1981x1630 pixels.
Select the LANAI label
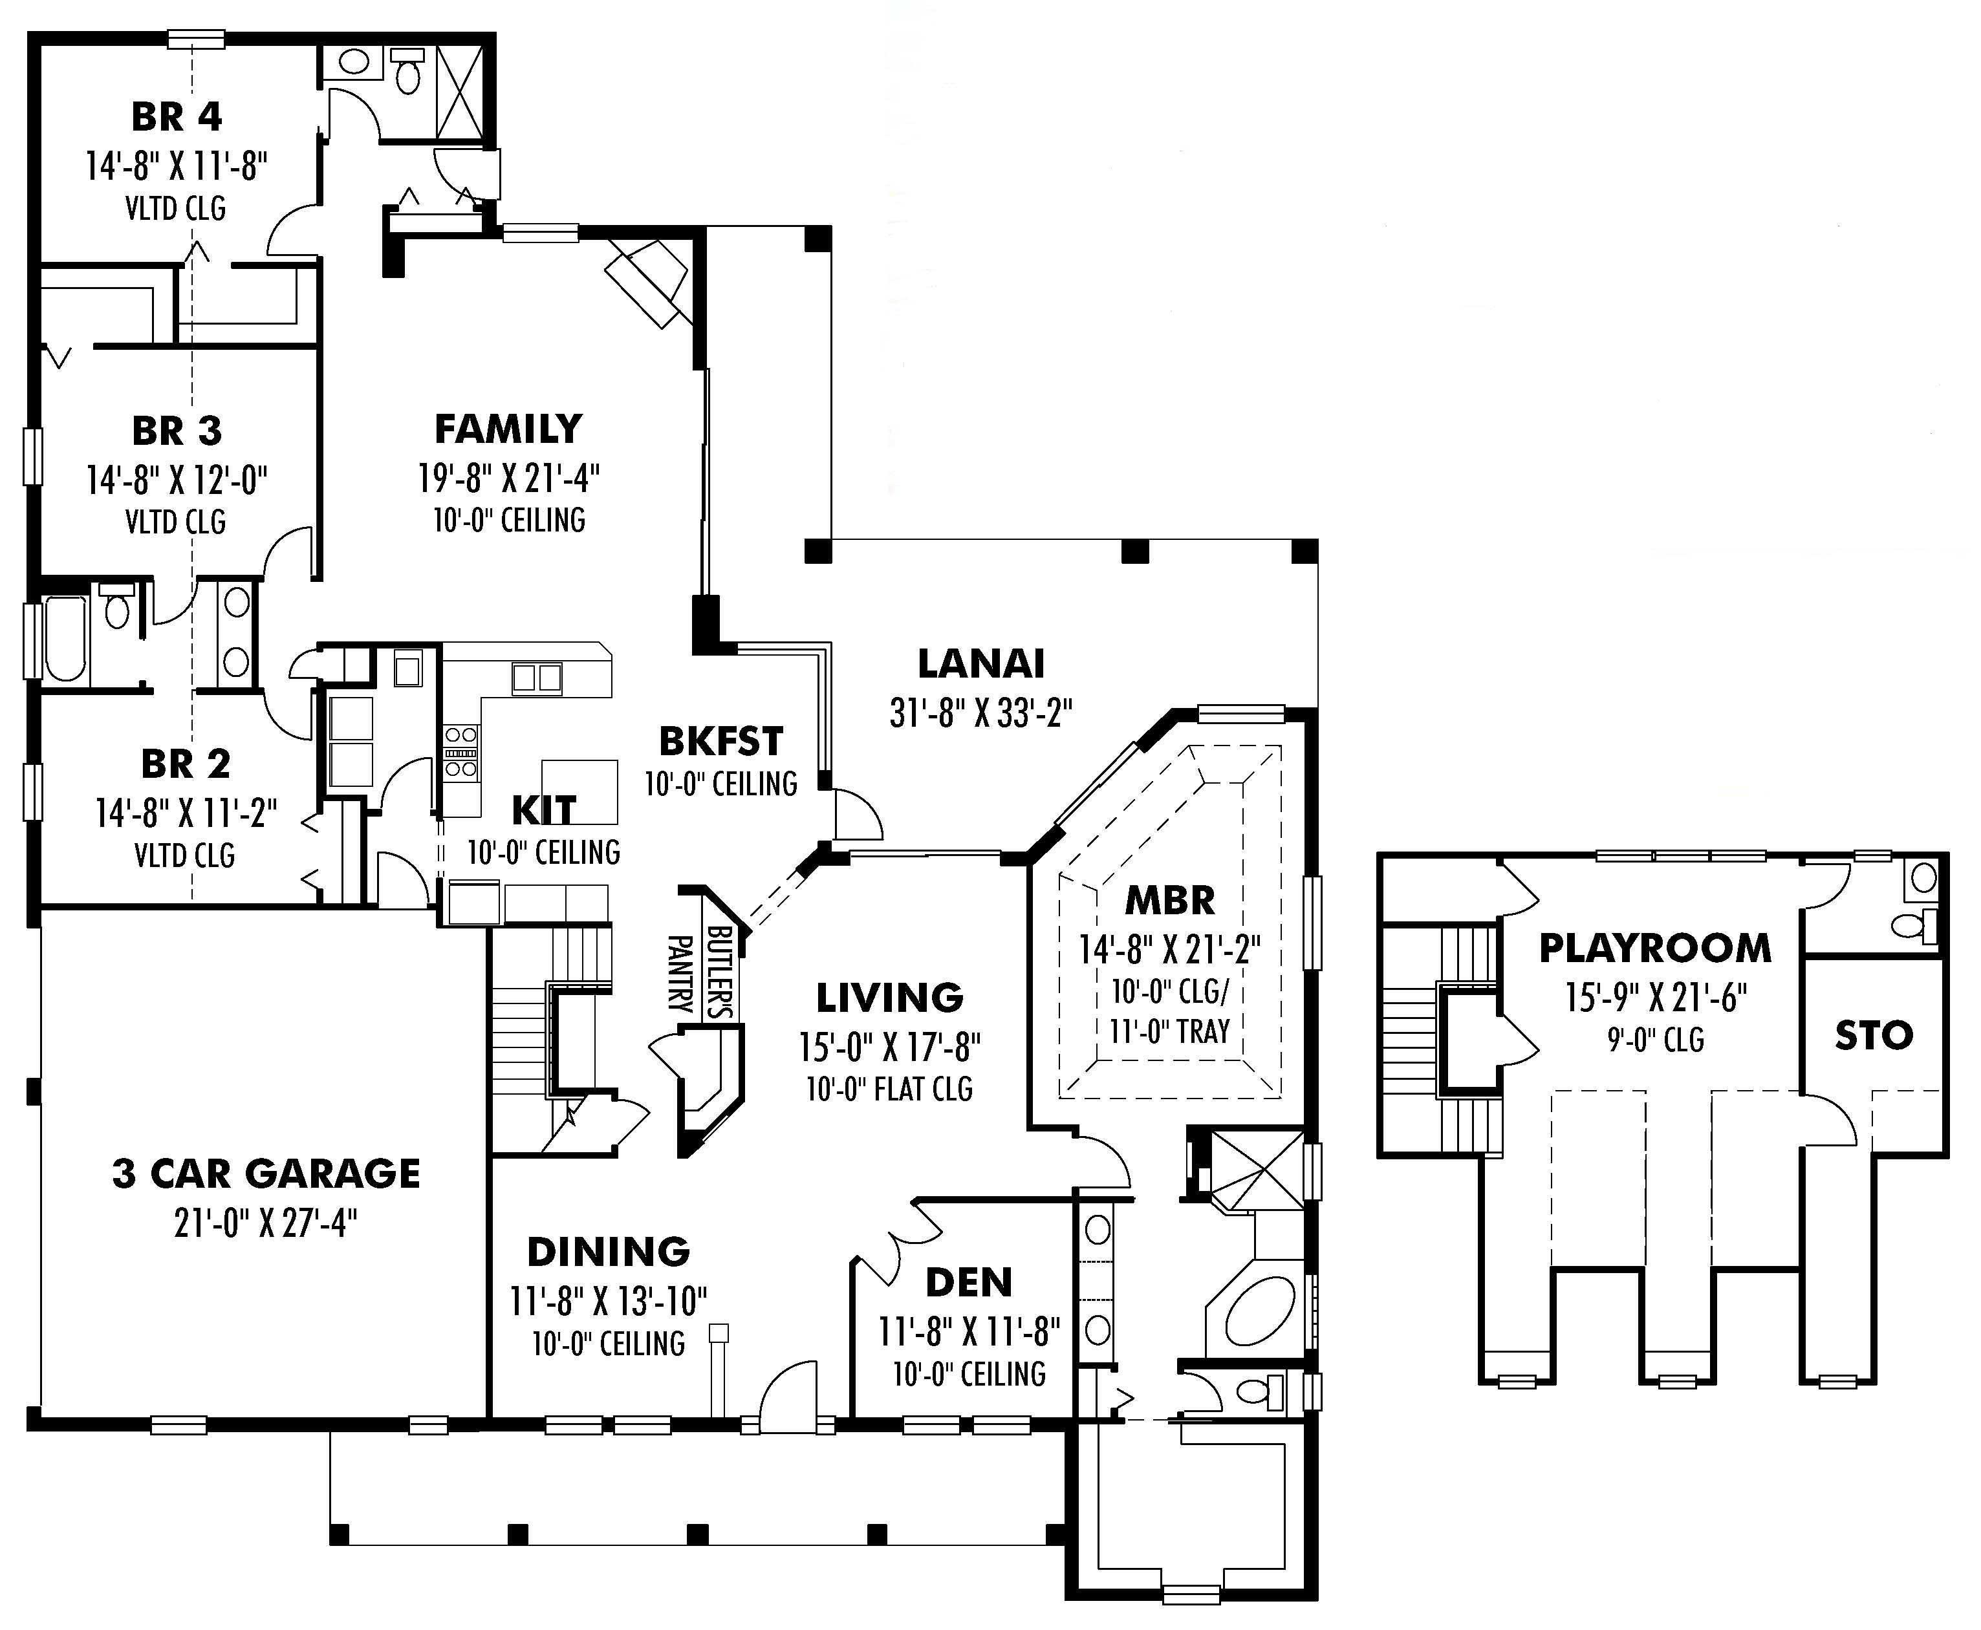[x=980, y=664]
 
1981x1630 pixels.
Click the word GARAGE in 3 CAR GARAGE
[x=332, y=1174]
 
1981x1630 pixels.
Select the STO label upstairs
[x=1874, y=1036]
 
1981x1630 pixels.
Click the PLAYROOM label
[x=1655, y=949]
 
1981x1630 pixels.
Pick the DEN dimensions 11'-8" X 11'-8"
[x=968, y=1331]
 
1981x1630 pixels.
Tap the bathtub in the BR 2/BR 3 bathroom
[x=65, y=638]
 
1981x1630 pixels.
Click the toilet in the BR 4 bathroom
[x=407, y=72]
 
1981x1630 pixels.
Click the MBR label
[x=1169, y=901]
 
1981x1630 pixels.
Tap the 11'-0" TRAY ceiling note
[x=1169, y=1032]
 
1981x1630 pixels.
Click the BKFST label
[x=720, y=742]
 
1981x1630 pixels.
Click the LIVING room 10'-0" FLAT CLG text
[x=889, y=1089]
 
